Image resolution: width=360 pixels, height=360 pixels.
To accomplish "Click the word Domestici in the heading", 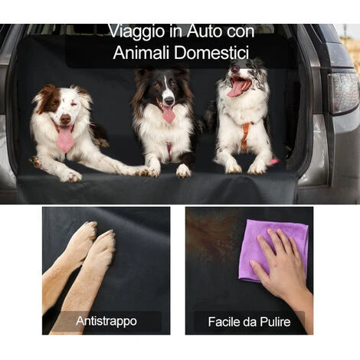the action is click(211, 53).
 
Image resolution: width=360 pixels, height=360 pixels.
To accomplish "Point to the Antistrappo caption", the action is click(106, 321).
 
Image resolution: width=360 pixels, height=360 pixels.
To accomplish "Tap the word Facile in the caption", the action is click(224, 322).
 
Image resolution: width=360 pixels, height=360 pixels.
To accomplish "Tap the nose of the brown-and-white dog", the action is click(65, 119).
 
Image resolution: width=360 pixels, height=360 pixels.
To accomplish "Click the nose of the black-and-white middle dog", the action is click(169, 100).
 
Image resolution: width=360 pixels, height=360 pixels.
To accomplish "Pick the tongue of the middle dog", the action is click(169, 115).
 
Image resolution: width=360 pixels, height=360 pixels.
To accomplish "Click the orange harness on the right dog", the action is click(246, 135).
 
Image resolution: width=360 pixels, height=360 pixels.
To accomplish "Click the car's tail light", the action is click(343, 93).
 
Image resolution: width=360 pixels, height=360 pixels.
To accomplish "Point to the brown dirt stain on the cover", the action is click(213, 235).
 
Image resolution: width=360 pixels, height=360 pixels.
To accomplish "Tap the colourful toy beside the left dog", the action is click(35, 162).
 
